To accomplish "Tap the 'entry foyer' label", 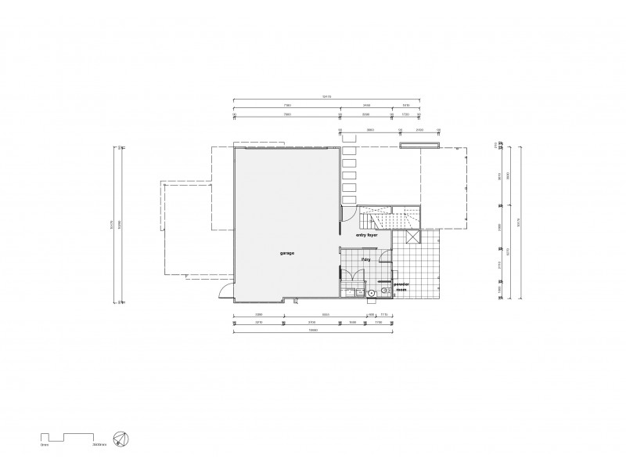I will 368,234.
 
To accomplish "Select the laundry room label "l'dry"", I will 365,258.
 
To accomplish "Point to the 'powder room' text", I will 401,287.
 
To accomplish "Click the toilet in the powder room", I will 384,293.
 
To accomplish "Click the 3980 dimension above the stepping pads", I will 370,129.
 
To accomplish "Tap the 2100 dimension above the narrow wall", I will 419,129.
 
